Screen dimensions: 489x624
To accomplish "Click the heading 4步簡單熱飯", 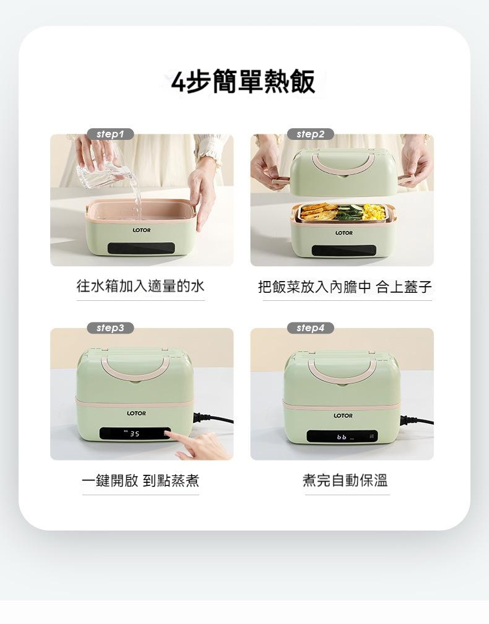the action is [243, 82].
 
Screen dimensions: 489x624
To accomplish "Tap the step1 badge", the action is [110, 134].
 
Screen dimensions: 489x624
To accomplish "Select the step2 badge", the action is [310, 134].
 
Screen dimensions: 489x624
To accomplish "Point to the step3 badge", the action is [110, 328].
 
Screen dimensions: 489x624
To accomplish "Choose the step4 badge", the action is [310, 328].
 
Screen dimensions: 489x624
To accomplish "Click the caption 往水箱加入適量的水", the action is [141, 286].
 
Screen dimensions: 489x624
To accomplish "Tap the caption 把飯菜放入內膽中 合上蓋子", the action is [345, 287].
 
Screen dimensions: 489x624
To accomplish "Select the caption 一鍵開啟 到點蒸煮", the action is [141, 480].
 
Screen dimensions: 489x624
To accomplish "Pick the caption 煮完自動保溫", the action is [345, 480].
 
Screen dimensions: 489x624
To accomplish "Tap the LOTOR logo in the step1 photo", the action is [142, 230].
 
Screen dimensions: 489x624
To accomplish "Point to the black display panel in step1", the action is [141, 248].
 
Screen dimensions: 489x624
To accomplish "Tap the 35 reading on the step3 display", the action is [135, 434].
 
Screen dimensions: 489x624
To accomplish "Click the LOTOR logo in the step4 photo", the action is [343, 415].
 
